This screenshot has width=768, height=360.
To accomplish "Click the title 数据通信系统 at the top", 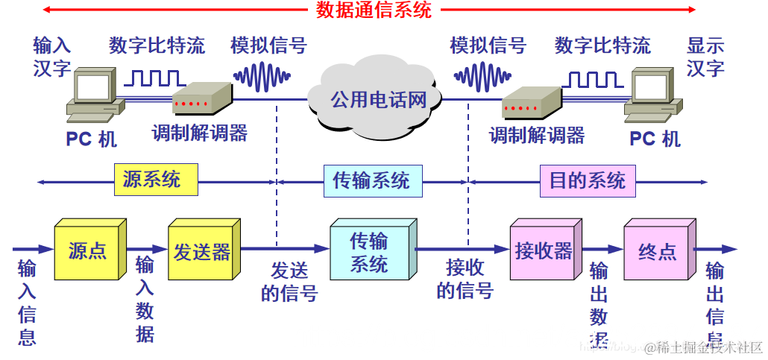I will pyautogui.click(x=374, y=10).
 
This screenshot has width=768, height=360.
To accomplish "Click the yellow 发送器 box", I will pyautogui.click(x=201, y=251).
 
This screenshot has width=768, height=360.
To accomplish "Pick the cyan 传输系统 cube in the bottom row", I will pyautogui.click(x=369, y=252).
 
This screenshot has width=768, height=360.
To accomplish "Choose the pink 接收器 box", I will pyautogui.click(x=543, y=251).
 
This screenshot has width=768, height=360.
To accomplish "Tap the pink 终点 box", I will pyautogui.click(x=657, y=252).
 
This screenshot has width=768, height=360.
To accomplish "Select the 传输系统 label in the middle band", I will pyautogui.click(x=371, y=180).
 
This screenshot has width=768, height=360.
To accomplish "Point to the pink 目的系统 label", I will pyautogui.click(x=587, y=180).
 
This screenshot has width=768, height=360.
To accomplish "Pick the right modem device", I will pyautogui.click(x=530, y=102).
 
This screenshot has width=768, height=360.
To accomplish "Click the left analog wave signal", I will pyautogui.click(x=262, y=75).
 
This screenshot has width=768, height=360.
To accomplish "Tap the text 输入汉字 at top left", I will pyautogui.click(x=51, y=57).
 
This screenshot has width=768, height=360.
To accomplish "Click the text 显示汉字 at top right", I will pyautogui.click(x=705, y=57).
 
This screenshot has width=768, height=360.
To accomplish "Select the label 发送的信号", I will pyautogui.click(x=289, y=281).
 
